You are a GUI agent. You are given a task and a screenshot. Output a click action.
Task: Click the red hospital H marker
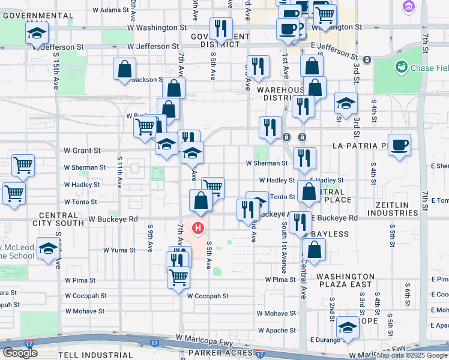(198, 229)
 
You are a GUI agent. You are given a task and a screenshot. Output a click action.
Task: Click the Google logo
(20, 352)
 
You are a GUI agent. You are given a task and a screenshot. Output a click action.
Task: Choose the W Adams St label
(103, 10)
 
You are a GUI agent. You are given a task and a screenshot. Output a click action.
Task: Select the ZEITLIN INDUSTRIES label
(392, 209)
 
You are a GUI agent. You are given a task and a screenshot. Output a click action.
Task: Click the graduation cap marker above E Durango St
(347, 327)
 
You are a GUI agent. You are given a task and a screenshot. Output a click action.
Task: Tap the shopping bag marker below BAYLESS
(314, 248)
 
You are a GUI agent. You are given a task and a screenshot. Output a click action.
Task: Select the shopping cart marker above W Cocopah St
(178, 277)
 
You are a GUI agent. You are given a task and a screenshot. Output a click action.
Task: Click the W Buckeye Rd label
(113, 220)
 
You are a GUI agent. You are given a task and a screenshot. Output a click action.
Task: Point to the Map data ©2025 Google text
(411, 355)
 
